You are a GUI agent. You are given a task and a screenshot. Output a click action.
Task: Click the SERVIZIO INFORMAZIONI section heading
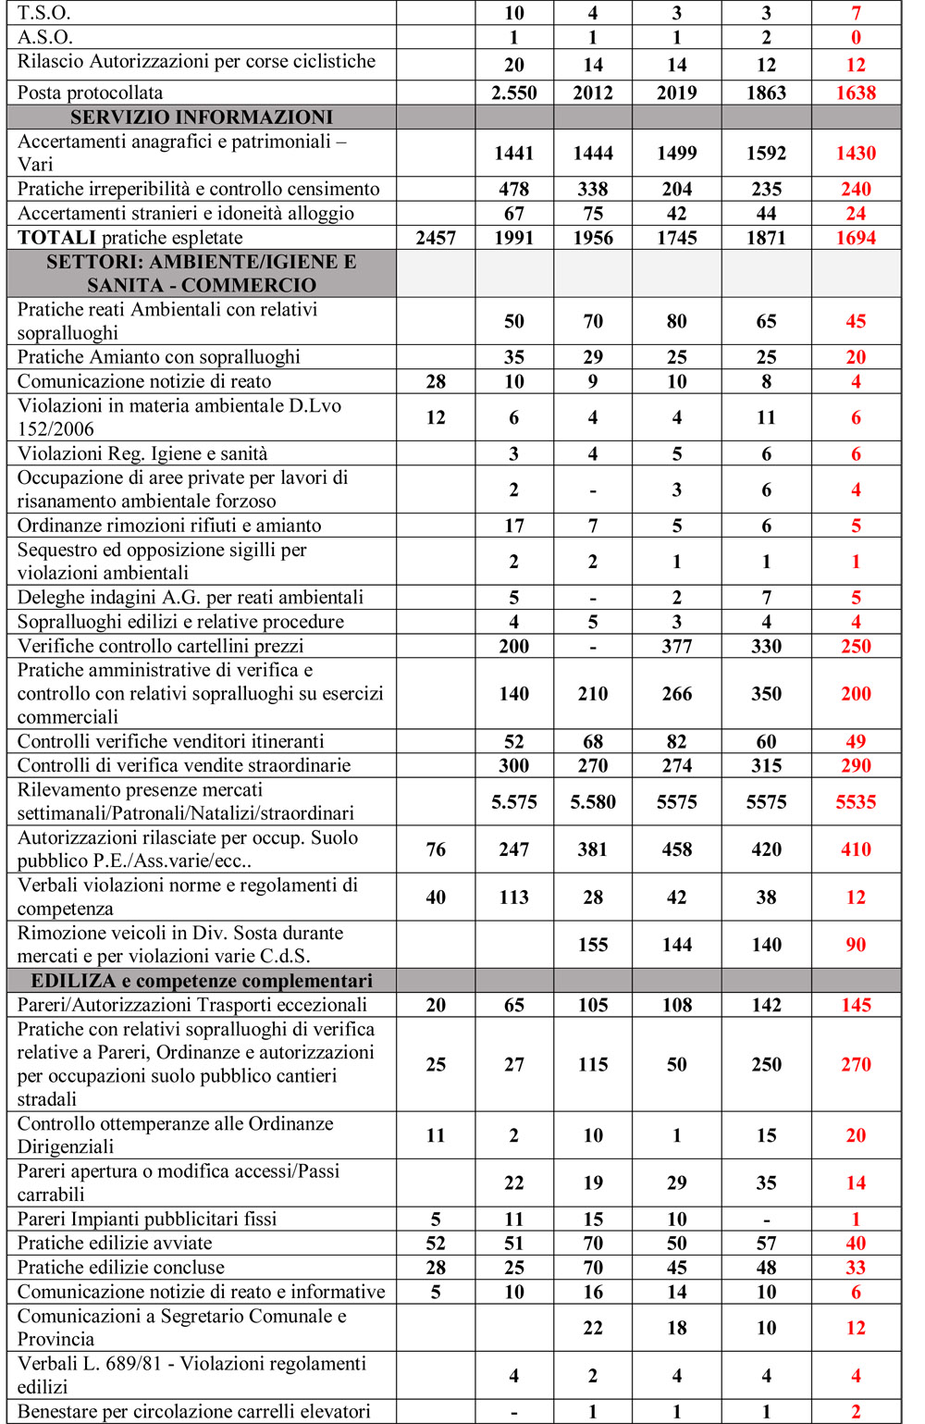point(202,118)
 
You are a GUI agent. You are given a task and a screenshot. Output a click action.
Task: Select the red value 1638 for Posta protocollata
point(856,93)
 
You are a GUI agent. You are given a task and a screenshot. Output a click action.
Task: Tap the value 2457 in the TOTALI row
point(436,238)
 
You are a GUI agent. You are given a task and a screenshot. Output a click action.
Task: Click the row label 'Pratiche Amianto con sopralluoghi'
point(159,357)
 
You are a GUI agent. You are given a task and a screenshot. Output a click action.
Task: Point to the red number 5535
point(856,802)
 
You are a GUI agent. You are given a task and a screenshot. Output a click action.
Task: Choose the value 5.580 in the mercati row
point(593,802)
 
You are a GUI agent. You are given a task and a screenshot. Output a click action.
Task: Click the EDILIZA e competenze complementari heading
point(202,981)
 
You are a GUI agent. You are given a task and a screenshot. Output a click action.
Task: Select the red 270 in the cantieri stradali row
point(856,1064)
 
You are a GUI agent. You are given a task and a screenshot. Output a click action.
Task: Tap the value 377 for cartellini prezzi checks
point(677,646)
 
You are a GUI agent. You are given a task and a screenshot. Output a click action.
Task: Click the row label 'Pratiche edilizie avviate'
point(115,1243)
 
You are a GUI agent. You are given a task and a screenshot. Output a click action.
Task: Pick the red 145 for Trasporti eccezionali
point(856,1005)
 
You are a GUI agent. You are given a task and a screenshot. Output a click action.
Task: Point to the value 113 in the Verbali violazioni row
point(514,897)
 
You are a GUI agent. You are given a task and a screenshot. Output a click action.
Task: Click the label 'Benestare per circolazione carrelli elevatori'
point(194,1411)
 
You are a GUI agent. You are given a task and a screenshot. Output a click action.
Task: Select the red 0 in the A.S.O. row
point(856,37)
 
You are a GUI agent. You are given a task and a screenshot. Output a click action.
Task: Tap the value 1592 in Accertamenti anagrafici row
point(766,154)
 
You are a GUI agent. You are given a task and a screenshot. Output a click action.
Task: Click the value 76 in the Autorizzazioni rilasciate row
point(436,849)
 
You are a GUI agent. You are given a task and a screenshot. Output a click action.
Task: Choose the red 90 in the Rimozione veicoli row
point(856,945)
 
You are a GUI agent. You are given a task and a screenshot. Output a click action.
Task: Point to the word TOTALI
point(56,238)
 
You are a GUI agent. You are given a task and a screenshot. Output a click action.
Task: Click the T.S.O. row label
point(44,13)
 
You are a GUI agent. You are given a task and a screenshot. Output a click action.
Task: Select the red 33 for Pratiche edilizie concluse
point(856,1268)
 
